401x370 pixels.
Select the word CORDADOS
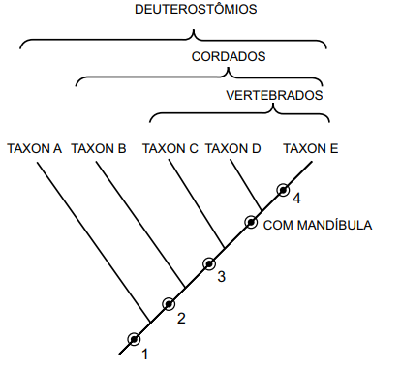coord(229,57)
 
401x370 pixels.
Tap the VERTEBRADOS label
coord(274,96)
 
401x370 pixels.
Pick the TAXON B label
coord(99,149)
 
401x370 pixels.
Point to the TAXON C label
coord(170,149)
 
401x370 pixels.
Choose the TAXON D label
coord(233,149)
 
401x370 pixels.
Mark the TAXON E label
coord(310,149)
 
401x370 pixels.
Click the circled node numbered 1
coord(134,338)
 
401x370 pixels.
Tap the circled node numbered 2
coord(170,303)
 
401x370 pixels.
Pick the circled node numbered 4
coord(284,189)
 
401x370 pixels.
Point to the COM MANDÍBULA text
coord(318,225)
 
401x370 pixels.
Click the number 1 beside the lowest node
coord(145,355)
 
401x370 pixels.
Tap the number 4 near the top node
coord(297,199)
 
